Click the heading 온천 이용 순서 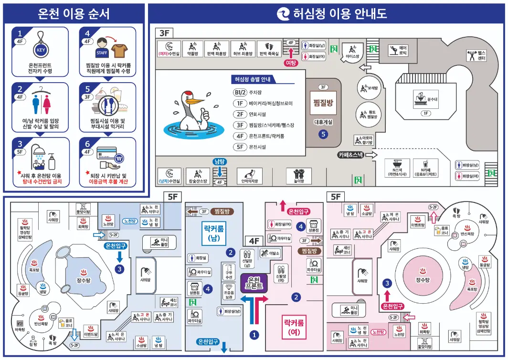(74, 13)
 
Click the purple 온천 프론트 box (254, 282)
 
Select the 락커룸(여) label (294, 326)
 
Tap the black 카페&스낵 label (351, 155)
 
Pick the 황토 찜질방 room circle (368, 114)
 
